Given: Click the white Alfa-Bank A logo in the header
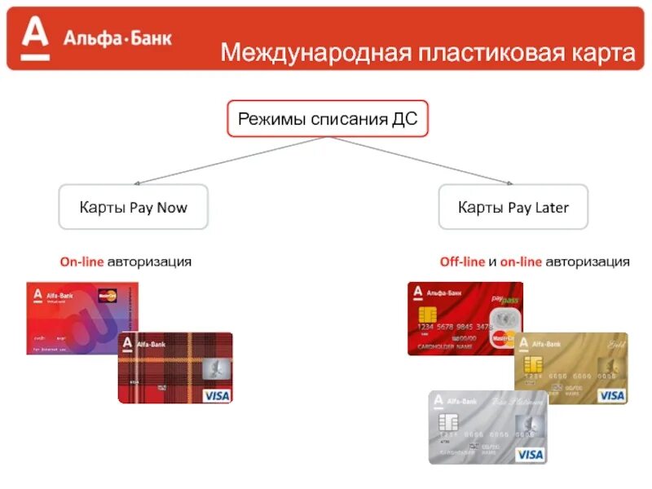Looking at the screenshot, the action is (x=36, y=38).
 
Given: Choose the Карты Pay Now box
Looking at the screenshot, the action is (x=133, y=207).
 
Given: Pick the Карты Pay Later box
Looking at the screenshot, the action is (x=513, y=207).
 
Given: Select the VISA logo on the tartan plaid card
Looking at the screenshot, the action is (x=217, y=395).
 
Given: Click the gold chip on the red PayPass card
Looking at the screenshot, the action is (x=426, y=315).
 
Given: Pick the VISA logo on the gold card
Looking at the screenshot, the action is (x=611, y=395).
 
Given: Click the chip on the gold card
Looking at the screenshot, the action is (x=532, y=363).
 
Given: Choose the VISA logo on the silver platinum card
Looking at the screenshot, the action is (x=530, y=454).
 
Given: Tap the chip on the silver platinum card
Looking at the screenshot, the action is (x=447, y=422).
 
